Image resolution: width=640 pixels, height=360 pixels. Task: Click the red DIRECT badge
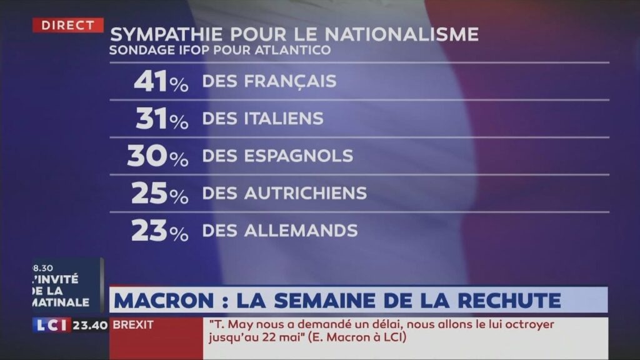click(x=68, y=25)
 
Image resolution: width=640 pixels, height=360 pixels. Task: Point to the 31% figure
click(x=162, y=119)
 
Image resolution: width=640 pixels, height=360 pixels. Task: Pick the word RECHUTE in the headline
click(x=511, y=301)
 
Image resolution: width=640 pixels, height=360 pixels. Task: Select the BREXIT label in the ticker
click(x=133, y=326)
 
